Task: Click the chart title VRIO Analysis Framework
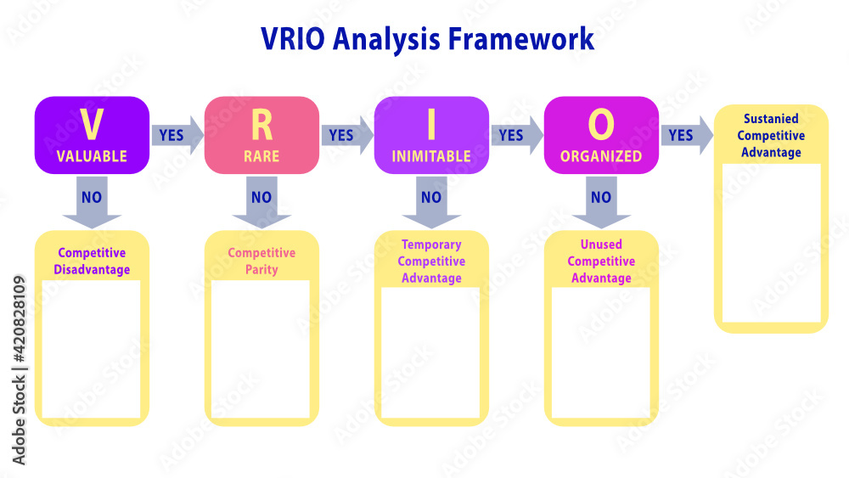click(427, 39)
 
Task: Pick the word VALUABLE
click(92, 157)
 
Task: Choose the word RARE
click(261, 157)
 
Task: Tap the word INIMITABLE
click(431, 157)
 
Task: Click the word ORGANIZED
click(601, 157)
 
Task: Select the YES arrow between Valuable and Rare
click(176, 135)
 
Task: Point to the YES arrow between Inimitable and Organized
click(515, 135)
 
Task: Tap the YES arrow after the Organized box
click(685, 135)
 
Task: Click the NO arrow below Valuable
click(92, 201)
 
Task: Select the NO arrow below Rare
click(261, 201)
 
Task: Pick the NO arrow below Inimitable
click(431, 201)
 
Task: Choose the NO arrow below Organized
click(601, 201)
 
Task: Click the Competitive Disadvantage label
click(92, 261)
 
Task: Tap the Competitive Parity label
click(261, 261)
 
